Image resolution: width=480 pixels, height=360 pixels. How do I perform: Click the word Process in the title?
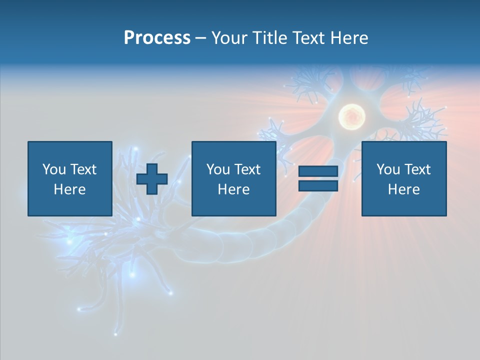[x=157, y=38]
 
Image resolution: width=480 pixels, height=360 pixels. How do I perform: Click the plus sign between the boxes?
[x=152, y=179]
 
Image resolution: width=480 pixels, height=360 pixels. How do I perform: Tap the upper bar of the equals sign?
[x=318, y=171]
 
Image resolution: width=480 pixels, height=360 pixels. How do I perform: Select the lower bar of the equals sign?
[x=318, y=185]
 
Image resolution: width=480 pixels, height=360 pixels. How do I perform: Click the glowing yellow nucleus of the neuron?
[x=351, y=117]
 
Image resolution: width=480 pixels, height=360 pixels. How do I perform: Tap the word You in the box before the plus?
[x=54, y=169]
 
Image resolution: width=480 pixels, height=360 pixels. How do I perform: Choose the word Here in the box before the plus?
[x=69, y=189]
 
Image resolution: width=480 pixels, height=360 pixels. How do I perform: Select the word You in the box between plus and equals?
[x=218, y=169]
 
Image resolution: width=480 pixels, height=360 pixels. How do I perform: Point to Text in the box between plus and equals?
[x=246, y=169]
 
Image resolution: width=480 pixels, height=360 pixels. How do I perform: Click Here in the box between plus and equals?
[x=233, y=189]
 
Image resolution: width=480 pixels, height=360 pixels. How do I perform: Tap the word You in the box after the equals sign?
[x=388, y=169]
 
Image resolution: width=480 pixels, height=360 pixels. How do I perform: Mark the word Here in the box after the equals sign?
[x=403, y=189]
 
